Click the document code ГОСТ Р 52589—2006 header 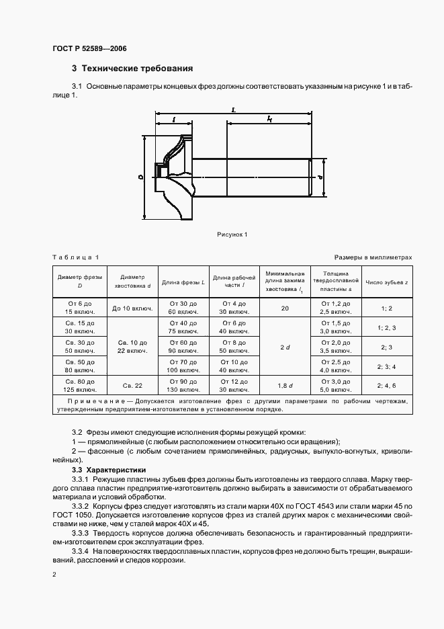[89, 49]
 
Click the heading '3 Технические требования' [132, 69]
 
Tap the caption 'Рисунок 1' [232, 235]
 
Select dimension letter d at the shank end [322, 177]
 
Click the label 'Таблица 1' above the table [75, 258]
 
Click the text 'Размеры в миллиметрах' [373, 258]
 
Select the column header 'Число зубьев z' [386, 283]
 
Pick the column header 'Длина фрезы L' [183, 283]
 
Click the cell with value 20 [285, 308]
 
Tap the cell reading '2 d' [285, 347]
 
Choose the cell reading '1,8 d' [285, 385]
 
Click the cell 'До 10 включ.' [132, 308]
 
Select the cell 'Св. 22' [132, 385]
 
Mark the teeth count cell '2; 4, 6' [386, 385]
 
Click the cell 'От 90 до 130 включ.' [183, 385]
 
